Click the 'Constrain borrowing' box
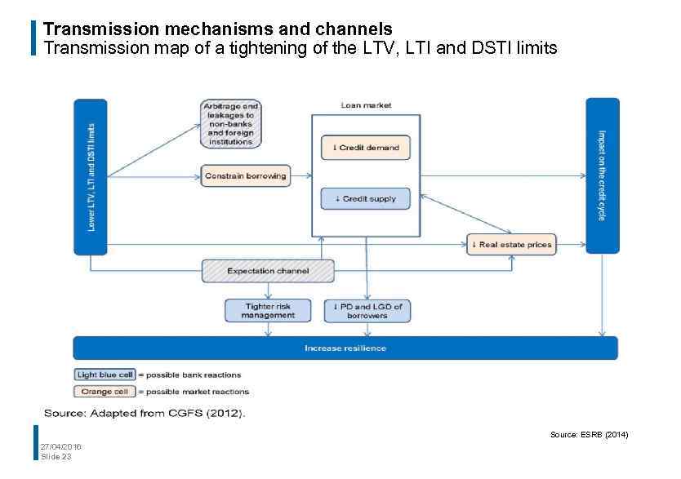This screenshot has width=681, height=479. [246, 175]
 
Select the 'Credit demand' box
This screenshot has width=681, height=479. [366, 148]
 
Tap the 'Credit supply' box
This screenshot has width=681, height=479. [366, 198]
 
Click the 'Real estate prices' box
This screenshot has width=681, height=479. [511, 244]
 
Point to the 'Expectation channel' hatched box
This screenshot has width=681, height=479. [268, 271]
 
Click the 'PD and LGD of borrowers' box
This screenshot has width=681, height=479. [367, 311]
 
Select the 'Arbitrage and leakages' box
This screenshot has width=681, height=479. [232, 124]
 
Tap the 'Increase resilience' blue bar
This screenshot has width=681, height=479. [345, 348]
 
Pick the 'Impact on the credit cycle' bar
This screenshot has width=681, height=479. [602, 175]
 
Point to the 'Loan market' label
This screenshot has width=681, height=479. [366, 105]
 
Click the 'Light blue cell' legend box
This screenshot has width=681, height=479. [105, 375]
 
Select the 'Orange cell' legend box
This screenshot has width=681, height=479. [105, 392]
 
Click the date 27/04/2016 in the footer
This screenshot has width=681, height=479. [60, 446]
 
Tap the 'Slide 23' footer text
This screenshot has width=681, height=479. [56, 456]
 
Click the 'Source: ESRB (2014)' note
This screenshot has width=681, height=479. [589, 435]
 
